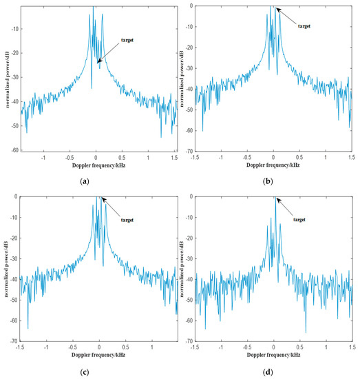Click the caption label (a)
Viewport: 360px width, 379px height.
[x=85, y=181]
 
